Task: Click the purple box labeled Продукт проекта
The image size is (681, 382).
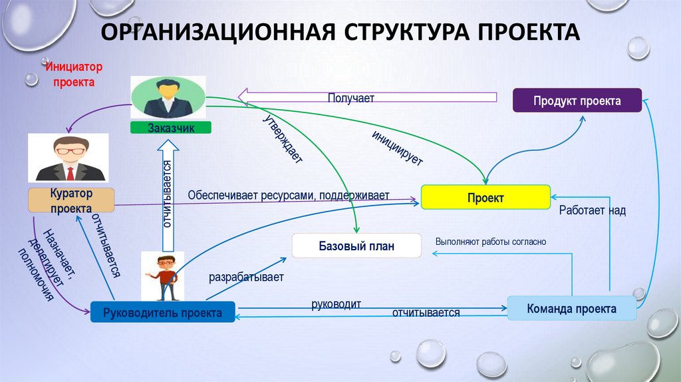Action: click(577, 101)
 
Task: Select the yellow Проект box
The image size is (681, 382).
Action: click(485, 198)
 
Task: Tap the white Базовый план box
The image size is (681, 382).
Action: click(356, 246)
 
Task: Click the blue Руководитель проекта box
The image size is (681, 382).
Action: click(162, 311)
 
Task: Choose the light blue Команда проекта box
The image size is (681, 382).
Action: click(571, 309)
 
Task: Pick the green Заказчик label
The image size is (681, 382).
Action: click(171, 128)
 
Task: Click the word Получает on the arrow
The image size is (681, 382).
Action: click(350, 98)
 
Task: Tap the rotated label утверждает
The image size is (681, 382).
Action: click(283, 139)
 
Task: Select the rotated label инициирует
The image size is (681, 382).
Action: click(397, 148)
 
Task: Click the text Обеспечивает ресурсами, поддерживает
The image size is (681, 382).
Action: click(288, 196)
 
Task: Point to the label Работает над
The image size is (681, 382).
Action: click(592, 210)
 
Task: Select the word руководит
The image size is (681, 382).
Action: click(336, 304)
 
